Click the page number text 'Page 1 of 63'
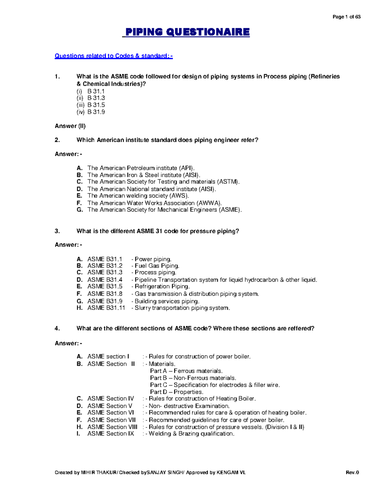[346, 17]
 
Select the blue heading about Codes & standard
[113, 56]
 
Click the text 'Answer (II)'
[70, 126]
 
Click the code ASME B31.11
[106, 308]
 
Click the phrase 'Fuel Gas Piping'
[157, 266]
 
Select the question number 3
[57, 231]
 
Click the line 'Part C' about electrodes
[215, 385]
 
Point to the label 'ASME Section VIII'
[112, 427]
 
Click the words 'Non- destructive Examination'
[189, 406]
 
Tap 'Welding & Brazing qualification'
[191, 434]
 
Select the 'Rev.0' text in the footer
[352, 473]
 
